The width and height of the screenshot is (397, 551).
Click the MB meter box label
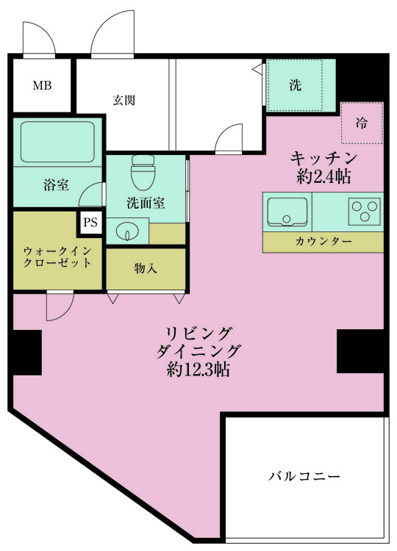tap(41, 86)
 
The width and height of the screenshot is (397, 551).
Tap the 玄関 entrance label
tap(124, 100)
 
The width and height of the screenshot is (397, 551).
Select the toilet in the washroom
tap(140, 175)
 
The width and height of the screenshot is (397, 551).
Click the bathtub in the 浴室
tap(57, 142)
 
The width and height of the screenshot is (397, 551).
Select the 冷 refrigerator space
tap(362, 123)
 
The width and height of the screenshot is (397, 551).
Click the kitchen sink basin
tap(287, 212)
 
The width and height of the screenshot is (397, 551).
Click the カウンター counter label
tap(323, 242)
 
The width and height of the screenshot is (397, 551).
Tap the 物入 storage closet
tap(146, 270)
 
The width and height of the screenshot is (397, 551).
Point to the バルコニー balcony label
tap(304, 477)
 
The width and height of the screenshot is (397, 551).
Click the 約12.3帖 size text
tap(198, 370)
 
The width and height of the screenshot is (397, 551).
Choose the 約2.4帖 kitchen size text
tap(324, 176)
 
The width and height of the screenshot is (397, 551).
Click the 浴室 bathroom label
tap(57, 184)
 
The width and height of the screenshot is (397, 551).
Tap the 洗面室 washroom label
tap(145, 203)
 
